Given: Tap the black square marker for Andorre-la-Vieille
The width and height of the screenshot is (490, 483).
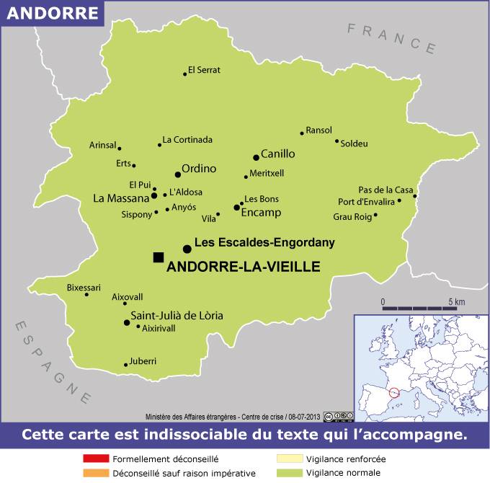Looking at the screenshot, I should coord(159,257).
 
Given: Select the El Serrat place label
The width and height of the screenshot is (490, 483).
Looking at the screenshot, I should coord(204,70).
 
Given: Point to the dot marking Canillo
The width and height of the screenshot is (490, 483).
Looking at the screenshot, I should coord(256,157).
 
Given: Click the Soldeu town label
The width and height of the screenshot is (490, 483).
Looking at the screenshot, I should coord(354,143).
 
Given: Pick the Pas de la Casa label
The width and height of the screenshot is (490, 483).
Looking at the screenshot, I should coord(386,189).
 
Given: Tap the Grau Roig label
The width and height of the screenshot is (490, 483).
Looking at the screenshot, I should coord(351,216).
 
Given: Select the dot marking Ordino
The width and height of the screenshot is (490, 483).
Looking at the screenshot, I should coord(178,174).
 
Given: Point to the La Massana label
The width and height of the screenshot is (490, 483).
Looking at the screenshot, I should coord(120,197).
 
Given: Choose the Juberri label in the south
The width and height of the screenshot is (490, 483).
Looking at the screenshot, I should coord(143,360).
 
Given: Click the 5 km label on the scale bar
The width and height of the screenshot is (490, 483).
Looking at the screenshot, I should coord(456,301).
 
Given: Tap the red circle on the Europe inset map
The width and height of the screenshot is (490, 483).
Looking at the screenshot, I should coord(393,393).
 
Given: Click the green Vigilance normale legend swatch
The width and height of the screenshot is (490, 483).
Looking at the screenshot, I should coord(288,474).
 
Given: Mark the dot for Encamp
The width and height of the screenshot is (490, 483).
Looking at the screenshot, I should coord(236,208).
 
